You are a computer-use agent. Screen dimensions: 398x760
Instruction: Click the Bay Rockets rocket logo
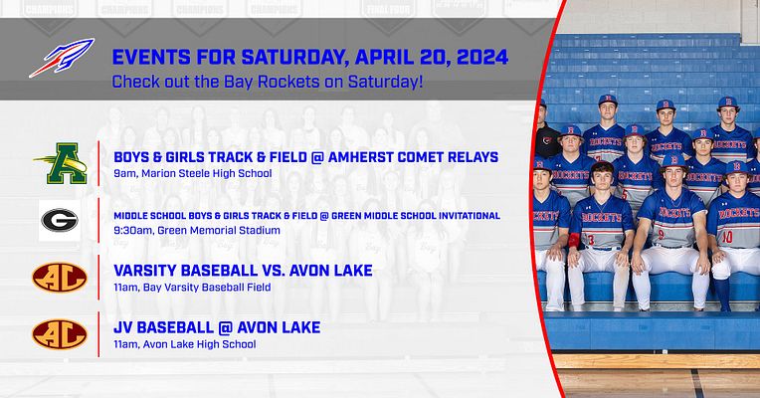(62, 57)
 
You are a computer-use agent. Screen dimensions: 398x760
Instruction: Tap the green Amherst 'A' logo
(61, 163)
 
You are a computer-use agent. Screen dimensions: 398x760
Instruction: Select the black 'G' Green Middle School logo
(59, 221)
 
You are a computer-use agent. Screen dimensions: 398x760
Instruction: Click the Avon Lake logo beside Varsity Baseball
(60, 277)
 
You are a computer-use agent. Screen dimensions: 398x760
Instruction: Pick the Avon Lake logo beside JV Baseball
(60, 333)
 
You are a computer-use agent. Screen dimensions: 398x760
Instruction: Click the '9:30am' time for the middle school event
(132, 230)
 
